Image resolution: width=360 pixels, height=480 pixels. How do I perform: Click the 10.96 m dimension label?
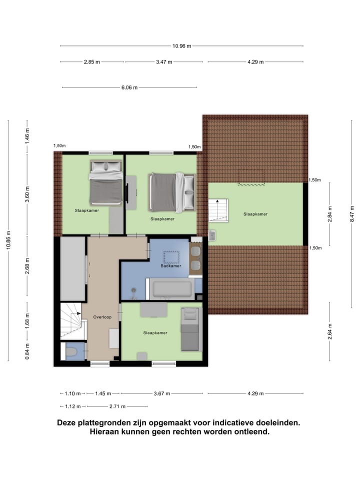point(182,46)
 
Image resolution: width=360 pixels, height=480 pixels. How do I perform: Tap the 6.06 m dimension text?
point(129,87)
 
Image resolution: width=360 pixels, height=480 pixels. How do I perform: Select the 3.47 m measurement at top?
point(164,62)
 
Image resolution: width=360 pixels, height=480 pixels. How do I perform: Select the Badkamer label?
point(170,266)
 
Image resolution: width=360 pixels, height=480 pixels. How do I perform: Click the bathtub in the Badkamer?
point(172,289)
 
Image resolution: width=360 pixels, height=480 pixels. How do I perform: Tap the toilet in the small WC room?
point(71,352)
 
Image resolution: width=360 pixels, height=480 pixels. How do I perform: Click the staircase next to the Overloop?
point(70,320)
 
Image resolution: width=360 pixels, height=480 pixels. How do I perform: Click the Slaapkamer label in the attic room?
point(255,214)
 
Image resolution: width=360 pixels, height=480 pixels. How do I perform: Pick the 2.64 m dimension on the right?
point(330,331)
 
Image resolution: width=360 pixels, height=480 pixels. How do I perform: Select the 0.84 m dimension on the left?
point(27,350)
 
